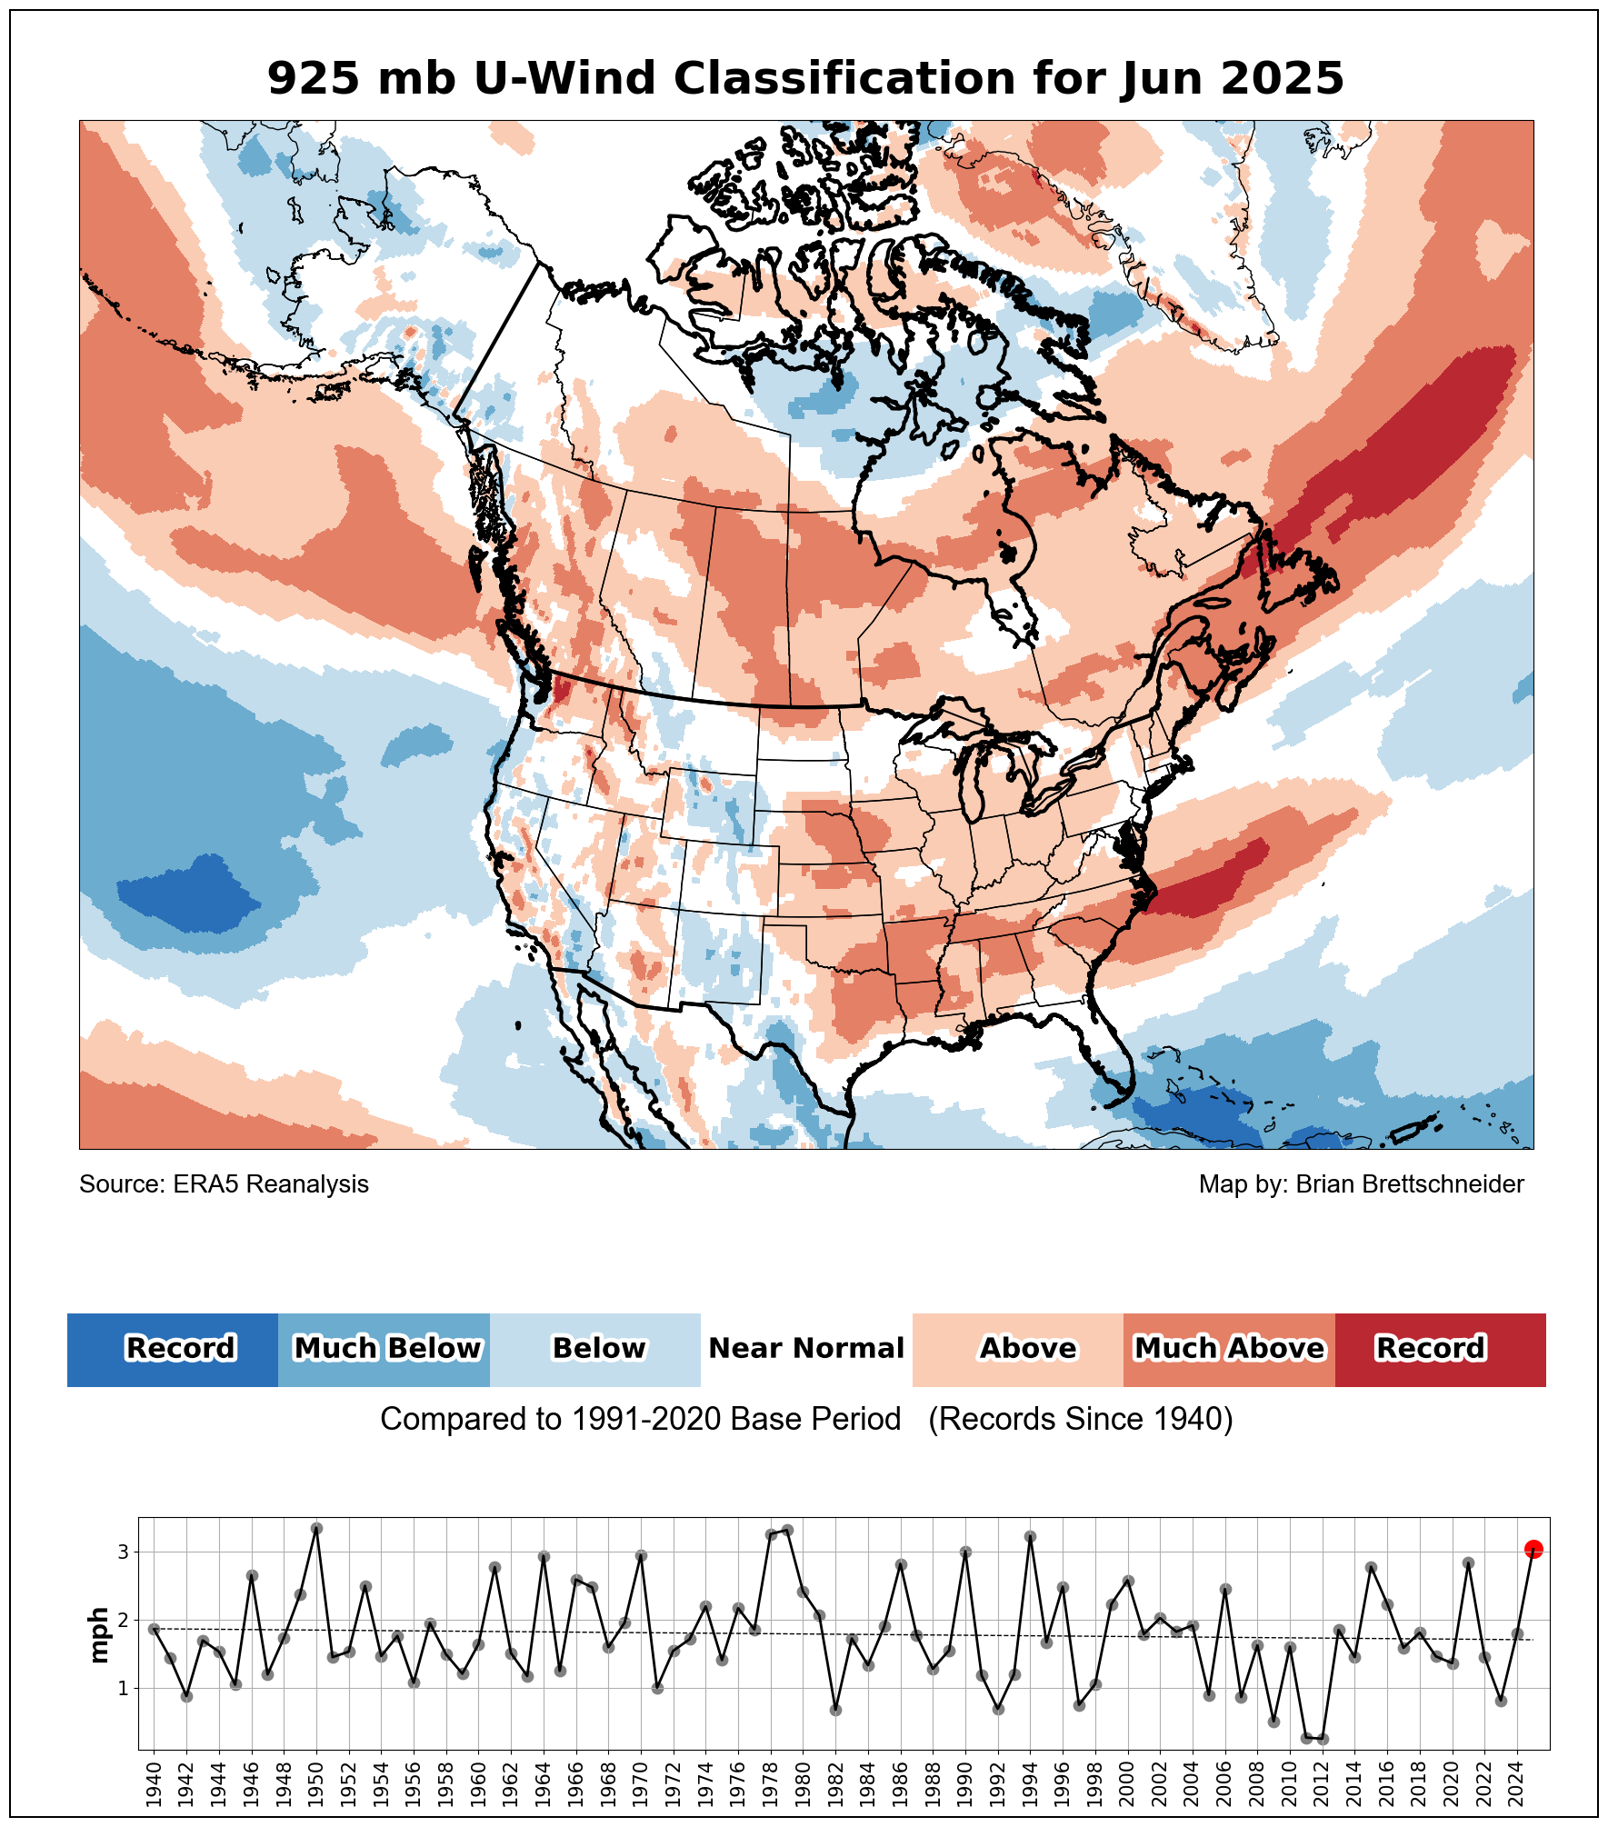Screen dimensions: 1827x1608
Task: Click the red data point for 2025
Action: [1533, 1549]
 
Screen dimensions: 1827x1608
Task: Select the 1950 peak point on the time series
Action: [316, 1529]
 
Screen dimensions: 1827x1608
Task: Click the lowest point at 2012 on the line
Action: [1323, 1739]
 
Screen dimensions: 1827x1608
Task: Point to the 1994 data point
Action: [1030, 1537]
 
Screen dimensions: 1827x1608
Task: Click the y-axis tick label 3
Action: [123, 1552]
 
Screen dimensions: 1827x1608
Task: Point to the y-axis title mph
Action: [98, 1635]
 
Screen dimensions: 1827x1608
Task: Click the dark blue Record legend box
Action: [173, 1349]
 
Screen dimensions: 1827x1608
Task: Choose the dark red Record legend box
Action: [1440, 1349]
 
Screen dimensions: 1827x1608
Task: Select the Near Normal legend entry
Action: [806, 1349]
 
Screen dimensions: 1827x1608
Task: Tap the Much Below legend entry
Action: [385, 1349]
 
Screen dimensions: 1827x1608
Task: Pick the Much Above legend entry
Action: [1229, 1349]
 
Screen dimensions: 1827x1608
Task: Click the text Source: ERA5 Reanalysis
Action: [224, 1184]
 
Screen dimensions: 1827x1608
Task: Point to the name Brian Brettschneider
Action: [1409, 1184]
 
